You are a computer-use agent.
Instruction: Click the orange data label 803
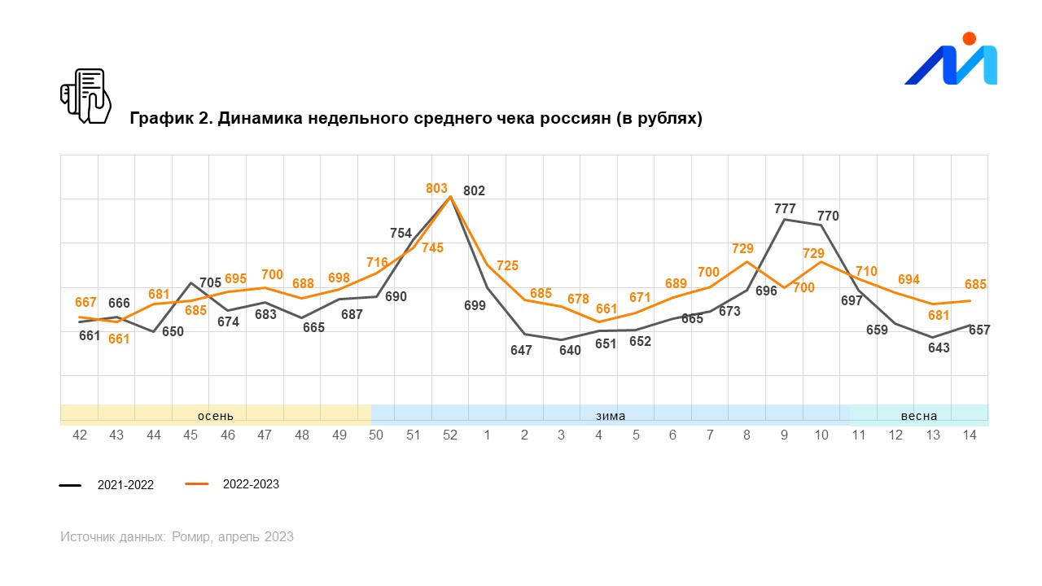tap(437, 189)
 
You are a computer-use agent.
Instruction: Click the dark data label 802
tap(474, 191)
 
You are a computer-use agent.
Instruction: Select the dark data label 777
tap(785, 209)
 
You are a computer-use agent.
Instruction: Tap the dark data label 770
tap(828, 216)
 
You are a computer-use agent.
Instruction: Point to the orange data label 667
tap(85, 303)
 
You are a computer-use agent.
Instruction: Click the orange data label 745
tap(432, 248)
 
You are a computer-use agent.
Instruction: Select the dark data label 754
tap(401, 234)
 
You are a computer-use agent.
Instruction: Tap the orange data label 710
tap(866, 271)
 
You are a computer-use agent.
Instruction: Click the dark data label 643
tap(939, 348)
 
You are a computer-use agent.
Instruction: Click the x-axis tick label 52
tap(450, 435)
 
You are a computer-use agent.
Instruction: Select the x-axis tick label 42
tap(80, 435)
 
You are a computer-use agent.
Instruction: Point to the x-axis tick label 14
tap(970, 435)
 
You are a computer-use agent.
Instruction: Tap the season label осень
tap(215, 416)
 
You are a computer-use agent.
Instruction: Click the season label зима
tap(611, 416)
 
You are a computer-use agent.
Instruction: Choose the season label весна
tap(918, 416)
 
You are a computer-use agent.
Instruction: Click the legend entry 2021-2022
tap(125, 485)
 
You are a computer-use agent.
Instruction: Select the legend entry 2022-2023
tap(251, 484)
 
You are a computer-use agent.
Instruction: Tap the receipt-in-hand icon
tap(85, 96)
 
